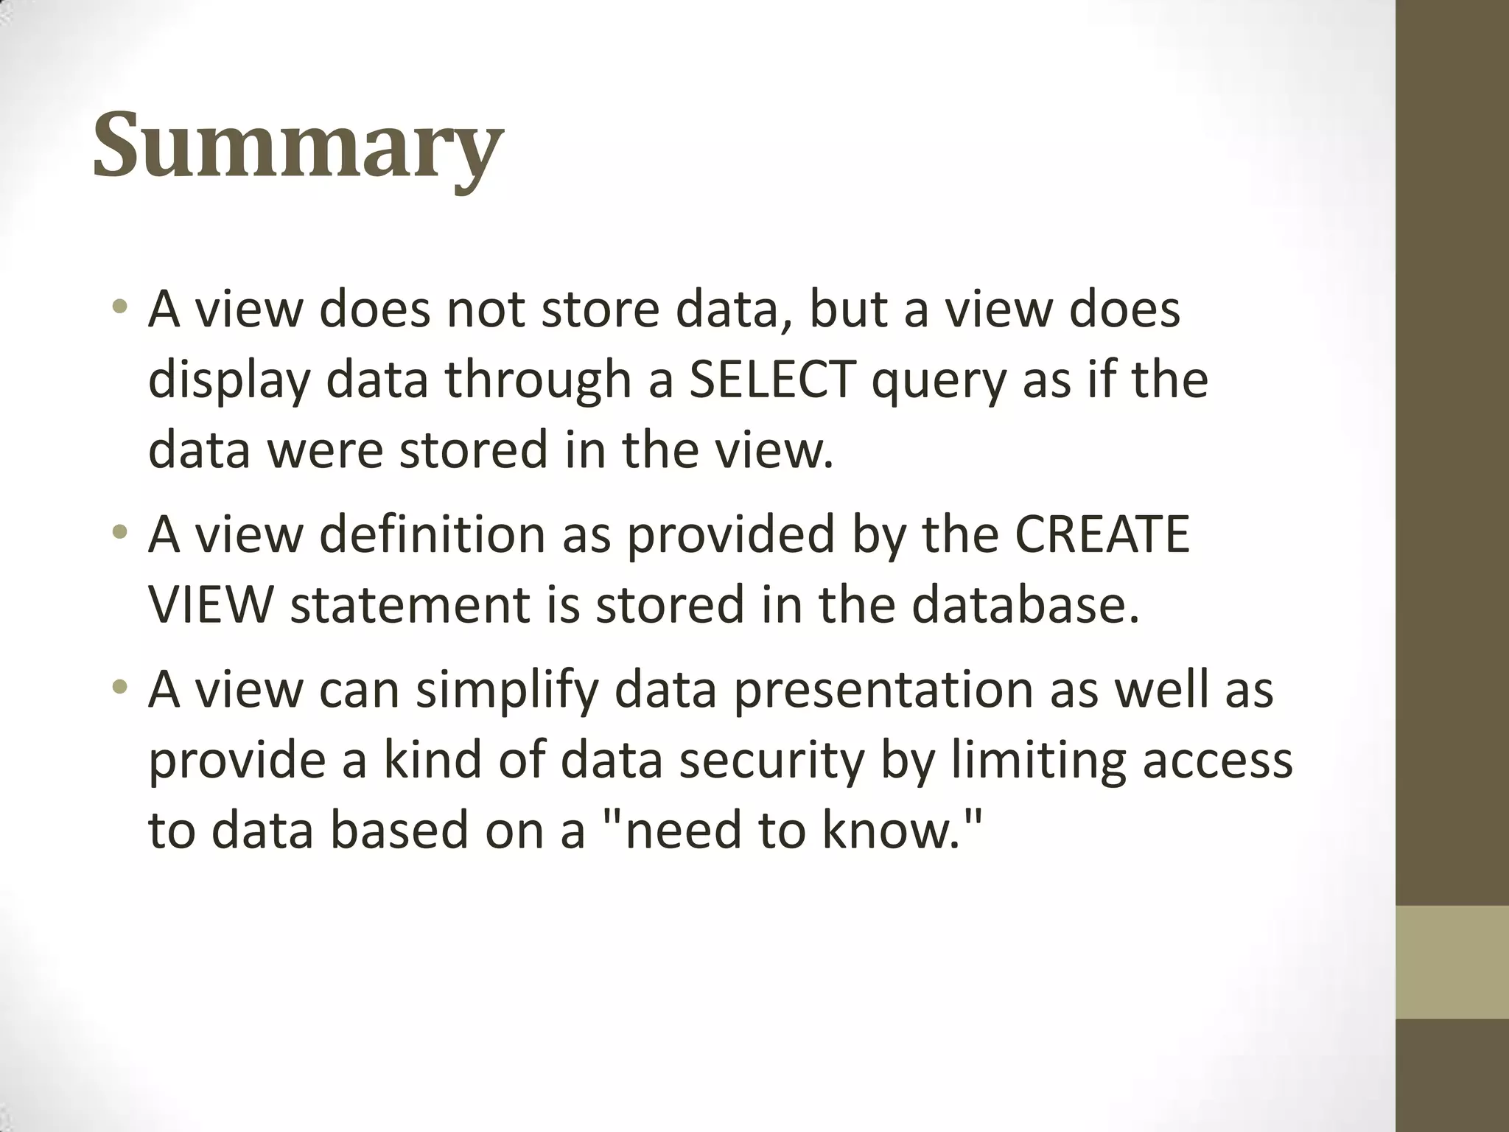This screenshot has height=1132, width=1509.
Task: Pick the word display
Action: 228,381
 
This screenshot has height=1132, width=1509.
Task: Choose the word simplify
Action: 508,691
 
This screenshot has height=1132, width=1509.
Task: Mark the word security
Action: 771,761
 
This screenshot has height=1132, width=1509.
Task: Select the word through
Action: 538,381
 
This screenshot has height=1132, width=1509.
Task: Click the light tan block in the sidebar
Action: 1452,961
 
